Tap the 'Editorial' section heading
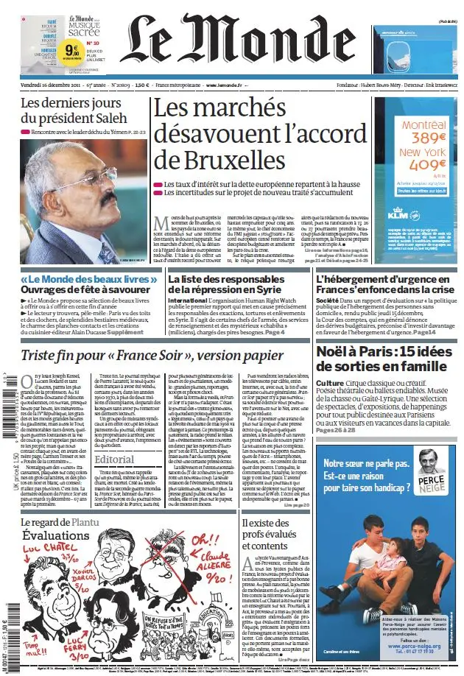tap(114, 458)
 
